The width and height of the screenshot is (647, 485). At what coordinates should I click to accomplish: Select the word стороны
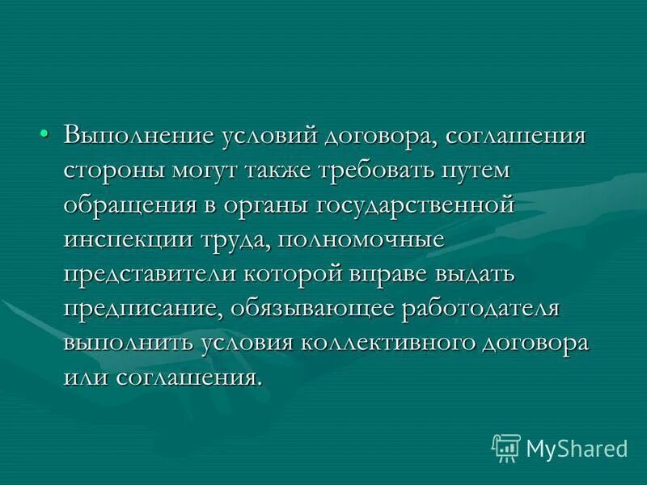(112, 170)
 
